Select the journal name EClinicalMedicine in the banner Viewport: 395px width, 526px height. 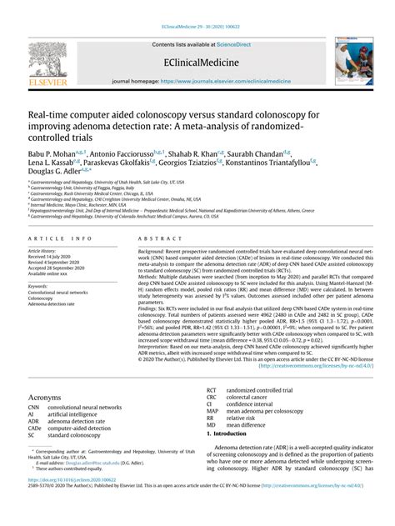tap(197, 62)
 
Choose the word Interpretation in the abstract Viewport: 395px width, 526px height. tap(156, 344)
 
